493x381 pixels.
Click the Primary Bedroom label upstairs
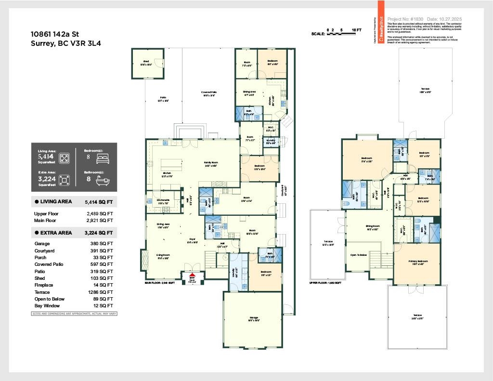tap(418, 262)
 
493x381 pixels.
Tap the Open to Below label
tap(359, 255)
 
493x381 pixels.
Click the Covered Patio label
tap(209, 93)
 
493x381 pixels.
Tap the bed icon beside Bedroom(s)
tap(104, 158)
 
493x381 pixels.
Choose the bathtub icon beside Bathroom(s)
tap(104, 181)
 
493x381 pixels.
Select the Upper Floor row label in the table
tap(46, 214)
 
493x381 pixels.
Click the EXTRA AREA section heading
tap(56, 233)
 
